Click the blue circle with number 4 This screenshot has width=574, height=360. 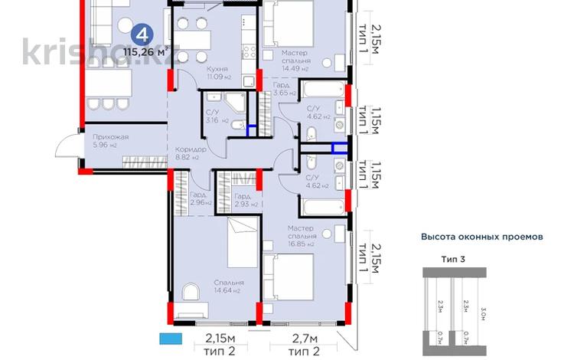click(140, 34)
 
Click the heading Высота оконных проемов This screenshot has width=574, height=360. click(482, 237)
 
